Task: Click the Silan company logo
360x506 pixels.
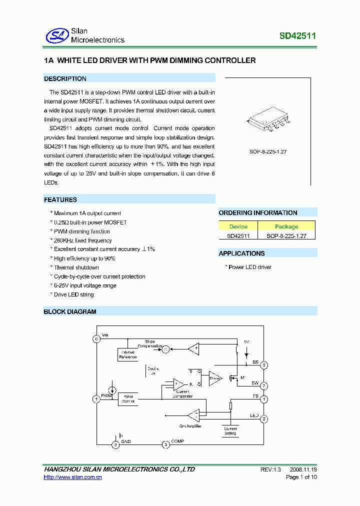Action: point(55,35)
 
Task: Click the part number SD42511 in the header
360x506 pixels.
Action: point(297,36)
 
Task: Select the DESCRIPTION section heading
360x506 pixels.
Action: point(65,78)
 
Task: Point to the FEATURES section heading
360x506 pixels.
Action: point(60,199)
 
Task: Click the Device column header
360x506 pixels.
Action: point(238,226)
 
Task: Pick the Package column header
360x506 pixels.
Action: point(286,226)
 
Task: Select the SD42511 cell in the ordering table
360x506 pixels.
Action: point(238,235)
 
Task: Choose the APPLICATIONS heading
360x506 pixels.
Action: point(241,253)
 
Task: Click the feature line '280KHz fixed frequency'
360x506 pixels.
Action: point(82,240)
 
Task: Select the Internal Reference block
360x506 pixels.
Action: point(127,354)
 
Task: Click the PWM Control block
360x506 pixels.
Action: point(128,398)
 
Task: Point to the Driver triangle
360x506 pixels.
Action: point(215,378)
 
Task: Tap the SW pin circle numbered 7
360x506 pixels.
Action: point(264,386)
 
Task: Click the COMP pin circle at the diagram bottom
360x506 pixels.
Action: point(165,444)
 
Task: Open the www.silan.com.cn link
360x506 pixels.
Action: point(73,477)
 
